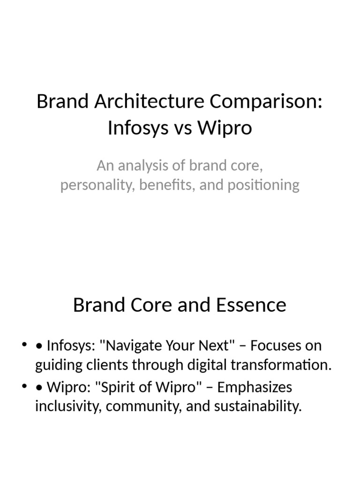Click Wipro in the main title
coord(224,128)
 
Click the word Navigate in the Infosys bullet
coord(131,346)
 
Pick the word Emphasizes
coord(255,387)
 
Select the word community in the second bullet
coord(141,406)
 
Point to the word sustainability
coord(257,406)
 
